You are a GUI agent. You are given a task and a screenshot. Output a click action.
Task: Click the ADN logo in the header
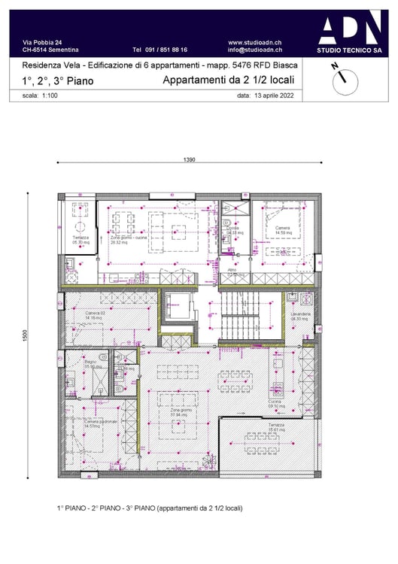(x=348, y=31)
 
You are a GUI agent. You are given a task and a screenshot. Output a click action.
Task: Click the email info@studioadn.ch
(x=254, y=50)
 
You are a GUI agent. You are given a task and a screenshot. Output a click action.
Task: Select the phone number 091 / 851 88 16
(x=160, y=50)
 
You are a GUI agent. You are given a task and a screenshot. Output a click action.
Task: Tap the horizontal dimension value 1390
(x=190, y=160)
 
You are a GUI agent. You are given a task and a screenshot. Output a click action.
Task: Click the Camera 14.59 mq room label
(x=282, y=230)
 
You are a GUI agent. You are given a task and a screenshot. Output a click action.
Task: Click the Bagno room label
(x=91, y=364)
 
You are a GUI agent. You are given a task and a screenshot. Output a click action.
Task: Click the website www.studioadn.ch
(x=255, y=42)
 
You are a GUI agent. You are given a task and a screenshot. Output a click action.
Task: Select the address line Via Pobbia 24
(x=43, y=42)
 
